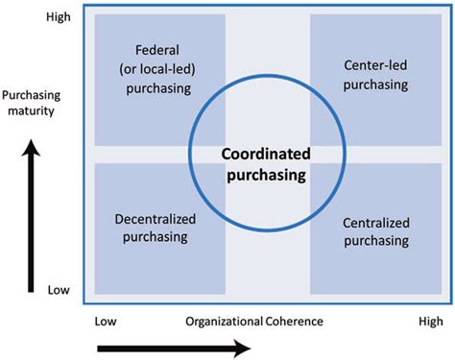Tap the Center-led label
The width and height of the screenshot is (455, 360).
[375, 65]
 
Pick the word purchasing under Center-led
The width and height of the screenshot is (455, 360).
[375, 84]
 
